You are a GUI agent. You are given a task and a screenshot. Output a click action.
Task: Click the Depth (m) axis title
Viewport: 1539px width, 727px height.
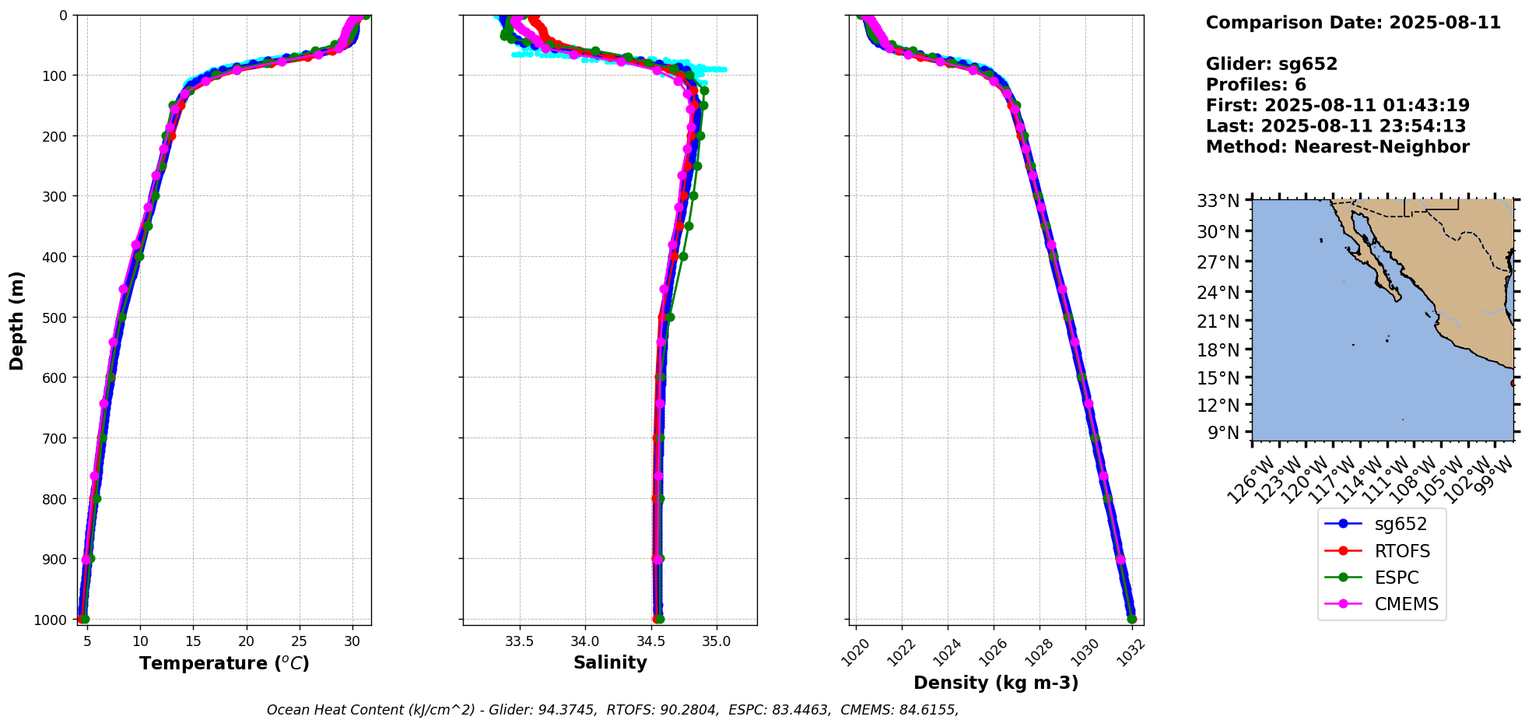17,320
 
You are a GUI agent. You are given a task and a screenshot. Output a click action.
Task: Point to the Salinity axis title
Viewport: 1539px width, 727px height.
610,662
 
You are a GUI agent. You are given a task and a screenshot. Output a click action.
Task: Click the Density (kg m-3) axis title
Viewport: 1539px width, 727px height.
996,683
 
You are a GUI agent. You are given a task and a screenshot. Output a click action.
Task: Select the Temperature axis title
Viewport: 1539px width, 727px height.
224,663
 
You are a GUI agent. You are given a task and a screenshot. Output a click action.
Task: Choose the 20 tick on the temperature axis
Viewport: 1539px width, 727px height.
247,641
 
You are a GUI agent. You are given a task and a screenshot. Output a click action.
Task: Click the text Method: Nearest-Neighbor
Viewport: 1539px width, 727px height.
1337,147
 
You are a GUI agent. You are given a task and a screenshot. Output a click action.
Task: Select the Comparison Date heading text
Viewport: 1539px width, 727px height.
1353,23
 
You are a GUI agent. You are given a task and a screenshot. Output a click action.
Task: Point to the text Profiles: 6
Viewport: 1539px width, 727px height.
1256,85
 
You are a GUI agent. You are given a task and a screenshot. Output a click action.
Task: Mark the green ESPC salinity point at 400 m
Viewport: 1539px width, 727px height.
683,256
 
